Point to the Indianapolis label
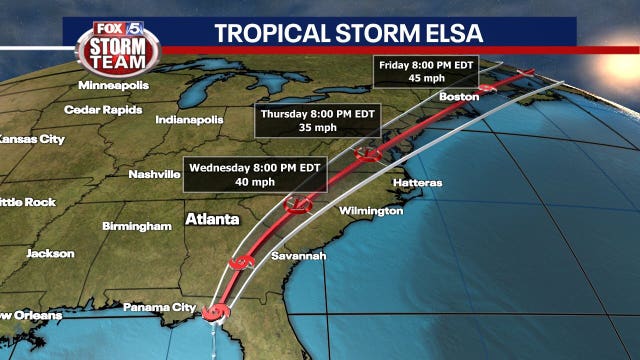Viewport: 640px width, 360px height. coord(189,120)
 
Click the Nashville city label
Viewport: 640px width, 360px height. coord(154,174)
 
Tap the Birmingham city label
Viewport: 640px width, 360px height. coord(137,226)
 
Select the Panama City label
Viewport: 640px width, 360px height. coord(156,307)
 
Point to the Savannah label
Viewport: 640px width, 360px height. coord(299,257)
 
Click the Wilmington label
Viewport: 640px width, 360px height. coord(371,211)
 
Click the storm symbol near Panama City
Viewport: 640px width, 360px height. coord(211,314)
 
